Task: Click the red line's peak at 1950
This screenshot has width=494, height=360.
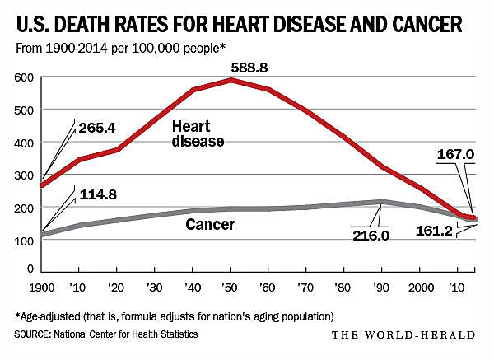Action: click(x=232, y=80)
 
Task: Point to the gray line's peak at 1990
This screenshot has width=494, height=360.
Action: click(x=380, y=201)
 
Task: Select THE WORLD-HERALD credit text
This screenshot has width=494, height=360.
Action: click(x=403, y=334)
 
